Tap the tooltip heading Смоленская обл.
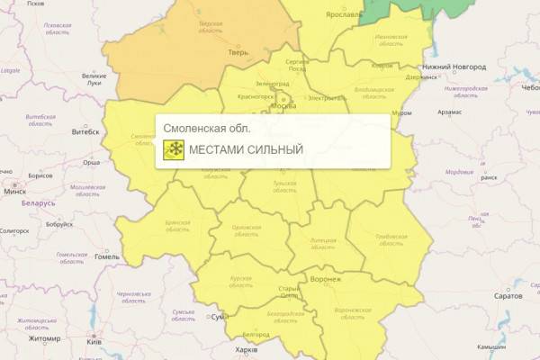[x=207, y=129]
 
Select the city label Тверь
[x=238, y=53]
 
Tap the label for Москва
[x=283, y=106]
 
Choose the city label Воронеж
[x=326, y=279]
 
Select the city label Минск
[x=14, y=192]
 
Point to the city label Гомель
[x=106, y=256]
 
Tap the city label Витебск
[x=85, y=131]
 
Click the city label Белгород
[x=256, y=334]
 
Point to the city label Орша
[x=91, y=163]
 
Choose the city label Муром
[x=400, y=113]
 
